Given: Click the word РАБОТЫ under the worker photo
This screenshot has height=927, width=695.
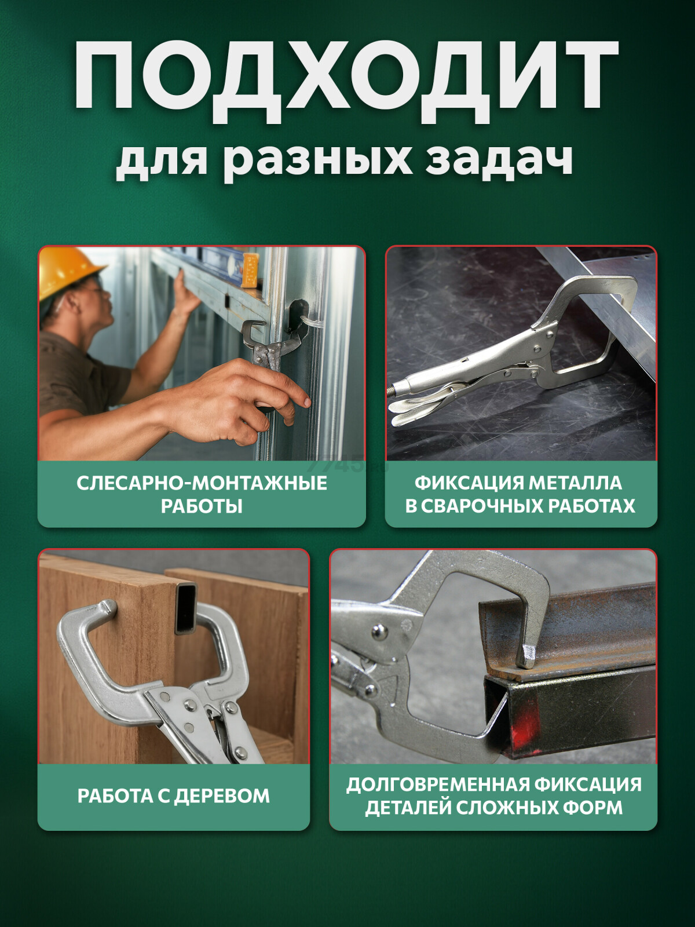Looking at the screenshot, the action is [x=202, y=506].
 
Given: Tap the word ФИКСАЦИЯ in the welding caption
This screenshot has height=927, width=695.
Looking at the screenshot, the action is [x=468, y=483].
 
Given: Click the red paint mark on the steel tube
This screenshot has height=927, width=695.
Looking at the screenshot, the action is [x=525, y=725].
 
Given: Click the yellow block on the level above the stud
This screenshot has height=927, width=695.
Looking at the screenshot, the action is [x=250, y=271].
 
